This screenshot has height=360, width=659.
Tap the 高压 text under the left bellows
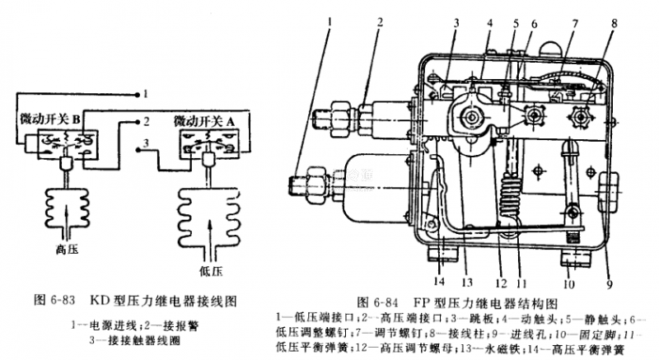tap(66, 246)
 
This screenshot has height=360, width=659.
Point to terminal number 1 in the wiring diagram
tap(145, 92)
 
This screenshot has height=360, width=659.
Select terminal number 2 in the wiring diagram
tap(145, 122)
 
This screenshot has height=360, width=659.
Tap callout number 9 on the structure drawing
tap(609, 286)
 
